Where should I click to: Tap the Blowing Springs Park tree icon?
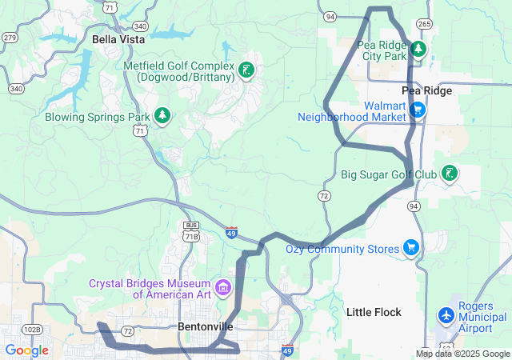(x=163, y=117)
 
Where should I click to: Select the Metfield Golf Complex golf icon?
(x=247, y=70)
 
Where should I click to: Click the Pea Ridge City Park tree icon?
(x=418, y=50)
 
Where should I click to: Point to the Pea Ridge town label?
(x=426, y=91)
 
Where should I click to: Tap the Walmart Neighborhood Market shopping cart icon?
(x=417, y=110)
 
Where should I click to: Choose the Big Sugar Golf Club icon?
(x=450, y=173)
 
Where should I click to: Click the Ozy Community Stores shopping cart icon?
(x=411, y=248)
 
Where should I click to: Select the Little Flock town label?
(x=374, y=311)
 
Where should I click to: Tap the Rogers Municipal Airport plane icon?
(x=446, y=317)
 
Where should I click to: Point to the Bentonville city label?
(x=205, y=326)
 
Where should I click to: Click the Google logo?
(x=26, y=350)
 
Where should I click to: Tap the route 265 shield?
(x=425, y=25)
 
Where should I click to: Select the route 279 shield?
(x=10, y=38)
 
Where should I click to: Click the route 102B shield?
(x=32, y=329)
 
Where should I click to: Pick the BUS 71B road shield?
(x=190, y=231)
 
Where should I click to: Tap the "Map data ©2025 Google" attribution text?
(x=462, y=354)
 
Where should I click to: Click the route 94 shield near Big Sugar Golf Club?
(x=414, y=206)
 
